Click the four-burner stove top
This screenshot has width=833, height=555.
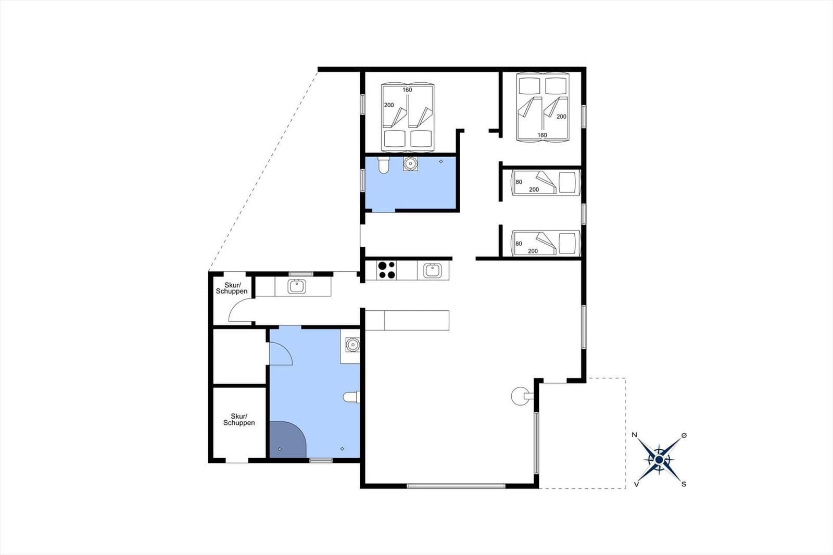(386, 270)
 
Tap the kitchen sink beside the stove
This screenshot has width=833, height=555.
(433, 270)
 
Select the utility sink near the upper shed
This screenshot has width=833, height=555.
(297, 286)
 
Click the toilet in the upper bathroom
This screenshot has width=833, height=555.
(383, 166)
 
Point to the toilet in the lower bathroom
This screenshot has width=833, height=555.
(351, 397)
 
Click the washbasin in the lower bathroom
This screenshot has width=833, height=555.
(352, 345)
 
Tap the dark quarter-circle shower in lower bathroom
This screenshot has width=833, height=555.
(287, 440)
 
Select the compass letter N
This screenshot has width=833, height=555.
(635, 435)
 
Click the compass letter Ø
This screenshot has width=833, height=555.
(684, 435)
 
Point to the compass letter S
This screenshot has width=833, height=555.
(684, 484)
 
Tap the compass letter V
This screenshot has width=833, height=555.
(636, 485)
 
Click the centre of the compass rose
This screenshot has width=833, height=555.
(659, 460)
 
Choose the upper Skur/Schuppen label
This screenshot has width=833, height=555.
(232, 288)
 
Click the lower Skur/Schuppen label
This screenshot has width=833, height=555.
(239, 419)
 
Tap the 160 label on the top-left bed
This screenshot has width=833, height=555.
(407, 90)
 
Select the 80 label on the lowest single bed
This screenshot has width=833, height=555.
(519, 244)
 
